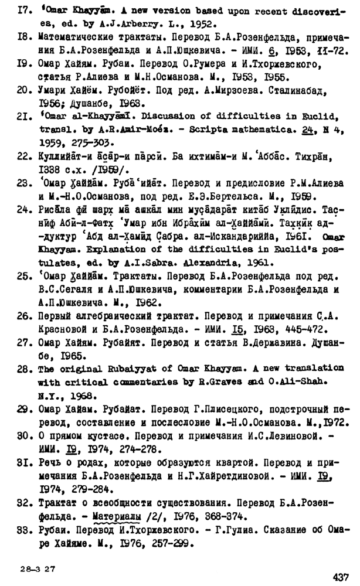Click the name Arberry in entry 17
142,25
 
